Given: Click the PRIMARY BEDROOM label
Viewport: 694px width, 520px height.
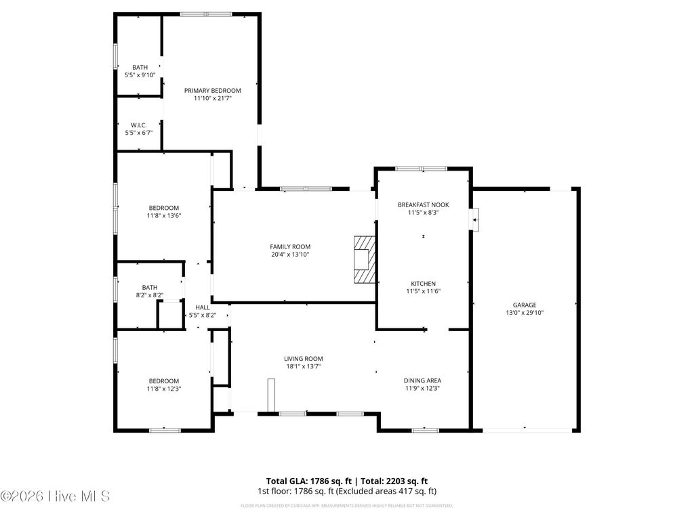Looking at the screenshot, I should point(212,90).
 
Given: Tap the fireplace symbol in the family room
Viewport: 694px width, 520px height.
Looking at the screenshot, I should point(365,260).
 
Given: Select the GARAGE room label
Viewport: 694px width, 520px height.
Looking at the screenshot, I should point(524,305).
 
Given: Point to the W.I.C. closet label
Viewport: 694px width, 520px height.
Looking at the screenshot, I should point(139,125).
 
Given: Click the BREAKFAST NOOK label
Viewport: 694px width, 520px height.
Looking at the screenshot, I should point(423,204).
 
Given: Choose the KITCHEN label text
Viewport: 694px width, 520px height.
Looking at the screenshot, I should point(423,284).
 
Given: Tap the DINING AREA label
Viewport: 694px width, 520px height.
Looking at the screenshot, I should point(423,381).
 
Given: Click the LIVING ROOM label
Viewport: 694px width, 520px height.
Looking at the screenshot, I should point(303,359).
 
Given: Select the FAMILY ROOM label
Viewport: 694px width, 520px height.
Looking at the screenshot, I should point(290,246).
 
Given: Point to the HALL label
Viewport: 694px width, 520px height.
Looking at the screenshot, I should point(203,307).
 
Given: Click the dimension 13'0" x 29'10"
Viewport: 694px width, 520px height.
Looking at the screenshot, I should point(525,313).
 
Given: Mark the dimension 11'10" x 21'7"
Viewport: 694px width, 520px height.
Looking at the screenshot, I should point(212,99).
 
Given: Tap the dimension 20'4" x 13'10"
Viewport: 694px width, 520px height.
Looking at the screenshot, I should point(290,255).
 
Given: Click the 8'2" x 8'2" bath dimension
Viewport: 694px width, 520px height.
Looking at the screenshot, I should point(149,295).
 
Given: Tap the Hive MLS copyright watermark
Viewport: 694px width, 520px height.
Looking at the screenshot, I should point(56,496).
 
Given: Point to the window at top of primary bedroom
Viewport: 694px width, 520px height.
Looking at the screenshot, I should point(205,14).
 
